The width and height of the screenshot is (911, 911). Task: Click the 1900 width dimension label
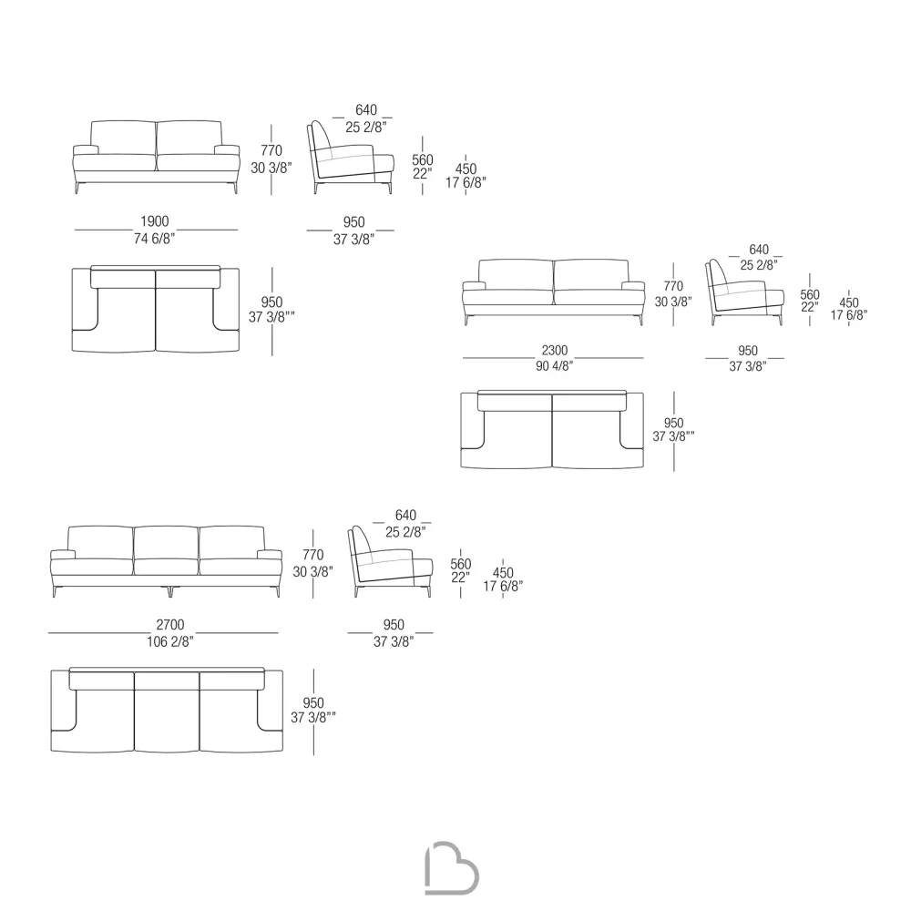pos(155,221)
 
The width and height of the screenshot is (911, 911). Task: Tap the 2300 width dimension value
pos(554,351)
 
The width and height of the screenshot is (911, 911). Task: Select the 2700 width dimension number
pos(170,625)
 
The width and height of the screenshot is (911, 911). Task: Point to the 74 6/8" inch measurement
pos(154,239)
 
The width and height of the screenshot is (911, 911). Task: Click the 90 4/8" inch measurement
pos(554,366)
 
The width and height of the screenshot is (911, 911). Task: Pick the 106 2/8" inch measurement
pos(169,641)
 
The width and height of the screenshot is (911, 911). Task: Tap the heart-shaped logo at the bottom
pos(452,867)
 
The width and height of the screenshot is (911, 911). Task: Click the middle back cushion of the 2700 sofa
pos(166,543)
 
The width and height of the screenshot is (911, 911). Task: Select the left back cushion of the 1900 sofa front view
pos(123,138)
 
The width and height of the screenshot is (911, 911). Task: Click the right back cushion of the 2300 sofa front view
pos(591,275)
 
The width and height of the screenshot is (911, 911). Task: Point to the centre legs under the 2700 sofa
pos(170,591)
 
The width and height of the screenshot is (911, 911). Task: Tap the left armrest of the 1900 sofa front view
pos(86,150)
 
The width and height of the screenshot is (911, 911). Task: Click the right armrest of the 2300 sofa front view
pos(633,285)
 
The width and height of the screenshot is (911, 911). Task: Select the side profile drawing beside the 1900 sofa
pos(351,158)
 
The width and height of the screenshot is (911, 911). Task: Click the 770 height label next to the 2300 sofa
pos(673,286)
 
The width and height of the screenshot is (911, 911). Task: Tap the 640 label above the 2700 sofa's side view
pos(405,516)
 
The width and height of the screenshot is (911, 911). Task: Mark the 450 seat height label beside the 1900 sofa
pos(466,169)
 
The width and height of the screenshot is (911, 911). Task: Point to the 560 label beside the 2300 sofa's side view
pos(810,294)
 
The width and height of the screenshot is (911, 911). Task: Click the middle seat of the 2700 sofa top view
pos(167,712)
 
